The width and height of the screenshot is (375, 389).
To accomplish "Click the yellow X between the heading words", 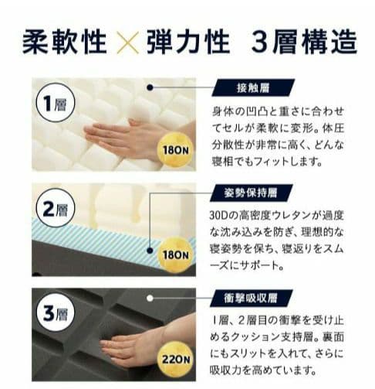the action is (127, 43).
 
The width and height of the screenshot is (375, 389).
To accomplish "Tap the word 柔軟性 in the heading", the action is (65, 43).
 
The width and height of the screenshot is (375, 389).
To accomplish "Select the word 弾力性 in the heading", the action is (188, 43).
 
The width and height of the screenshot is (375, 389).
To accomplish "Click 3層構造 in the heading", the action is (304, 43).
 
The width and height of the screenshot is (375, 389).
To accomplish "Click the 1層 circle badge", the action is (56, 103).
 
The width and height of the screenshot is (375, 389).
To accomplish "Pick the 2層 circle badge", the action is (56, 208).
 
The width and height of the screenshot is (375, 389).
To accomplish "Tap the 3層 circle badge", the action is (56, 313).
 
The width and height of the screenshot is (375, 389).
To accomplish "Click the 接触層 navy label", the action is (253, 88).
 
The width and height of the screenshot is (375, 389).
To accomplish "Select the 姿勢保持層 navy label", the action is (252, 193).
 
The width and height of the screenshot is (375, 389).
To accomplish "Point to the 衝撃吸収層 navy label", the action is (252, 299).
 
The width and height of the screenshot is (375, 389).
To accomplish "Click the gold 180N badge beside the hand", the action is (176, 150).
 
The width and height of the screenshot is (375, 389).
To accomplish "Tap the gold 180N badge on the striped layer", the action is (176, 255).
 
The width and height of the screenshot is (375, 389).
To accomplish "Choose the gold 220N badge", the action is (176, 360).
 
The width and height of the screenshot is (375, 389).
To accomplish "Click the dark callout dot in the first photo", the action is (150, 87).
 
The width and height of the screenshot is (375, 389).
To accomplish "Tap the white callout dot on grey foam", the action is (150, 299).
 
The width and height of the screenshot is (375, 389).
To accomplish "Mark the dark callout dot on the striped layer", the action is (150, 251).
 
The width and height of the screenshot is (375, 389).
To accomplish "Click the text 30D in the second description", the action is (219, 216).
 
